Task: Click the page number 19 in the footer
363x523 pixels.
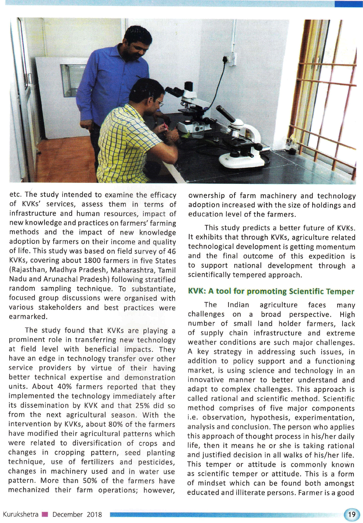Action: [351, 514]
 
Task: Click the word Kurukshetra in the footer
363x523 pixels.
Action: [21, 514]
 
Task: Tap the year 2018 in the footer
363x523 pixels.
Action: [94, 514]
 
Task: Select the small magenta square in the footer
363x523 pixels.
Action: [45, 514]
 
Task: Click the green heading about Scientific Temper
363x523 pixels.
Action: [271, 291]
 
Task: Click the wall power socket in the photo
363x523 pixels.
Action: [229, 59]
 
